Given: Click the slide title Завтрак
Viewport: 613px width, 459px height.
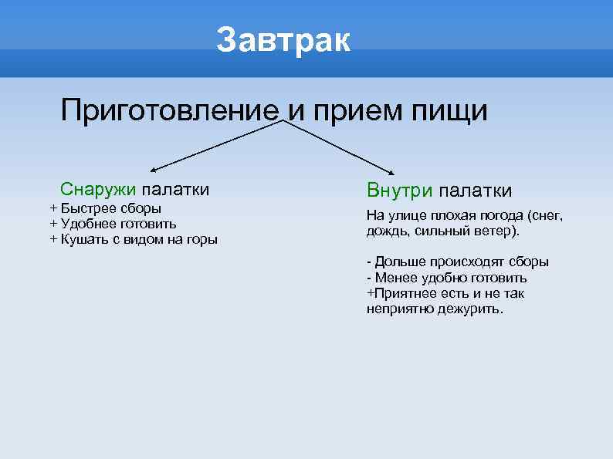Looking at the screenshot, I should tap(283, 40).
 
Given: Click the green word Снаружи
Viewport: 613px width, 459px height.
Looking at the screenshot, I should tap(99, 190).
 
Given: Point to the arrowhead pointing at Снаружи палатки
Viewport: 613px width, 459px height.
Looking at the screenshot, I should tap(154, 168).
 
